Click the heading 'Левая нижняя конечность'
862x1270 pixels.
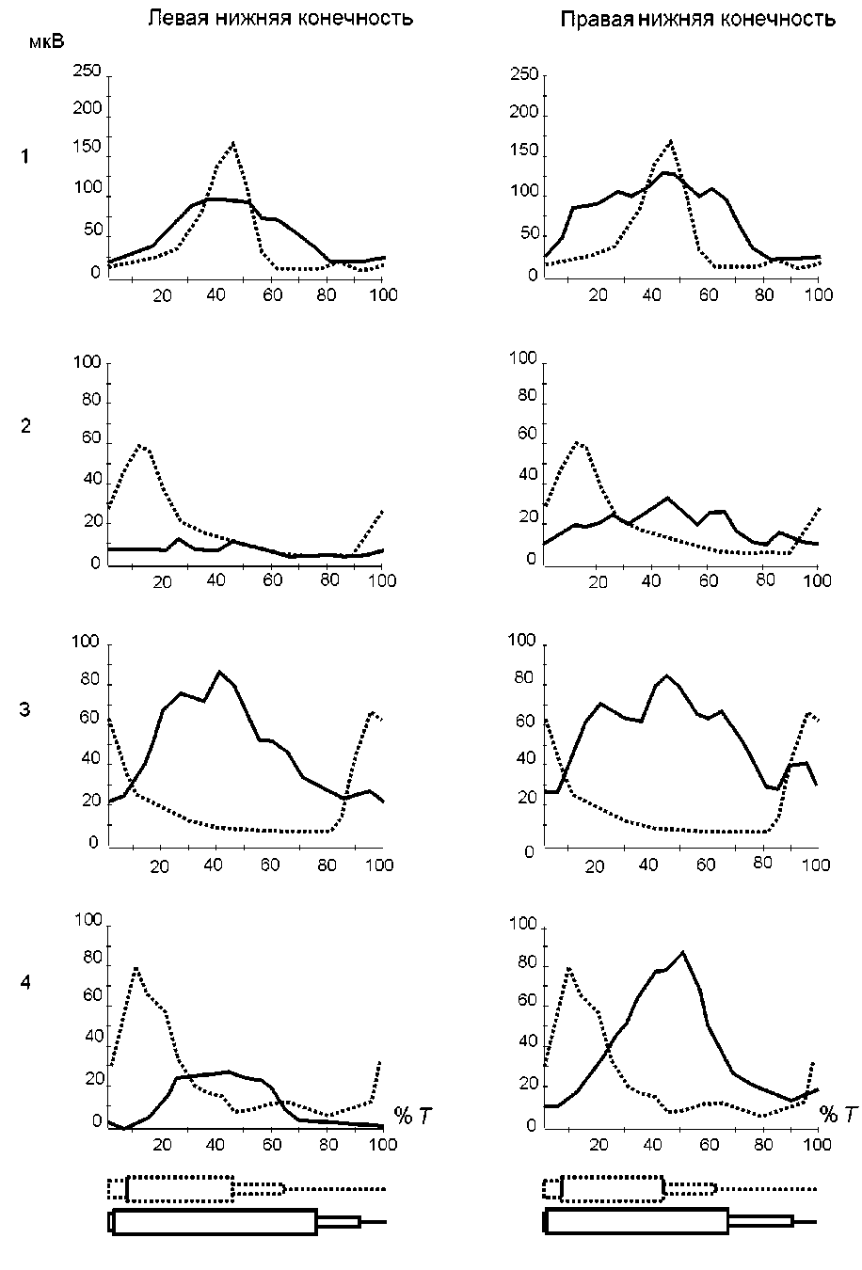[x=280, y=18]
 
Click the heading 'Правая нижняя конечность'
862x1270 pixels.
[x=697, y=19]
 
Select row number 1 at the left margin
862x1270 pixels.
[x=25, y=157]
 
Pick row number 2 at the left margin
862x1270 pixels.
[x=25, y=426]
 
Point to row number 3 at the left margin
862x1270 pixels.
[x=25, y=710]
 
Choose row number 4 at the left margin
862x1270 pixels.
[x=25, y=982]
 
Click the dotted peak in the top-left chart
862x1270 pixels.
[x=231, y=143]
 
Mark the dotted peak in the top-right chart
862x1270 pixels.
[x=670, y=141]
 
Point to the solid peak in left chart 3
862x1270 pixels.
[x=219, y=672]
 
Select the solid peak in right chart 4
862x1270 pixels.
[x=682, y=952]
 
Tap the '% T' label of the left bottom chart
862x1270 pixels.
[x=415, y=1117]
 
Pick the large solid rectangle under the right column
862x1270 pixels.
[x=636, y=1221]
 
